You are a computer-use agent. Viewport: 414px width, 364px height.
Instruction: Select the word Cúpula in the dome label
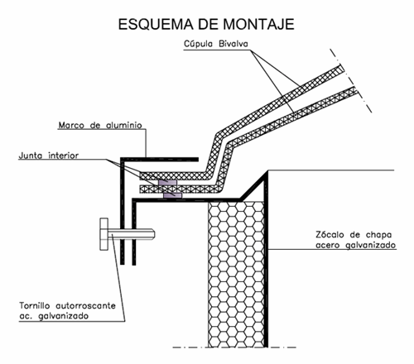[x=198, y=44]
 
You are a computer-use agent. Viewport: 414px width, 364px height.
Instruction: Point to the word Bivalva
[x=233, y=44]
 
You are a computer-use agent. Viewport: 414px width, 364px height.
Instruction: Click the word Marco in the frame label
[x=71, y=125]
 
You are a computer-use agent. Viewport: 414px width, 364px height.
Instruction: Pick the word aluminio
[x=124, y=125]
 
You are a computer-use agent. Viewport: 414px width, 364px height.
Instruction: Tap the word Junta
[x=31, y=156]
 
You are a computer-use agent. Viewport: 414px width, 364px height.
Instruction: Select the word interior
[x=64, y=156]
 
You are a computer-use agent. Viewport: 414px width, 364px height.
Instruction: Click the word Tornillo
[x=35, y=305]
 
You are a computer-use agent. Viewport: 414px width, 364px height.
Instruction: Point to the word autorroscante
[x=86, y=305]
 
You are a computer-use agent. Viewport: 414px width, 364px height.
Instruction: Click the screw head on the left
[x=104, y=234]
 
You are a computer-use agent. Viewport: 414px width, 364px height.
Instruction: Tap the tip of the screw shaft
[x=155, y=234]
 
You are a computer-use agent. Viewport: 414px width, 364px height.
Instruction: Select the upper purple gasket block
[x=167, y=183]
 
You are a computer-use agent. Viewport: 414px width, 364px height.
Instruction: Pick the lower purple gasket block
[x=172, y=196]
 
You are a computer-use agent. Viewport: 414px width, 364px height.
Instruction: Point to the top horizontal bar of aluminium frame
[x=160, y=160]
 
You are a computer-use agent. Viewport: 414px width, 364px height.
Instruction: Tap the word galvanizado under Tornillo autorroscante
[x=63, y=316]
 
